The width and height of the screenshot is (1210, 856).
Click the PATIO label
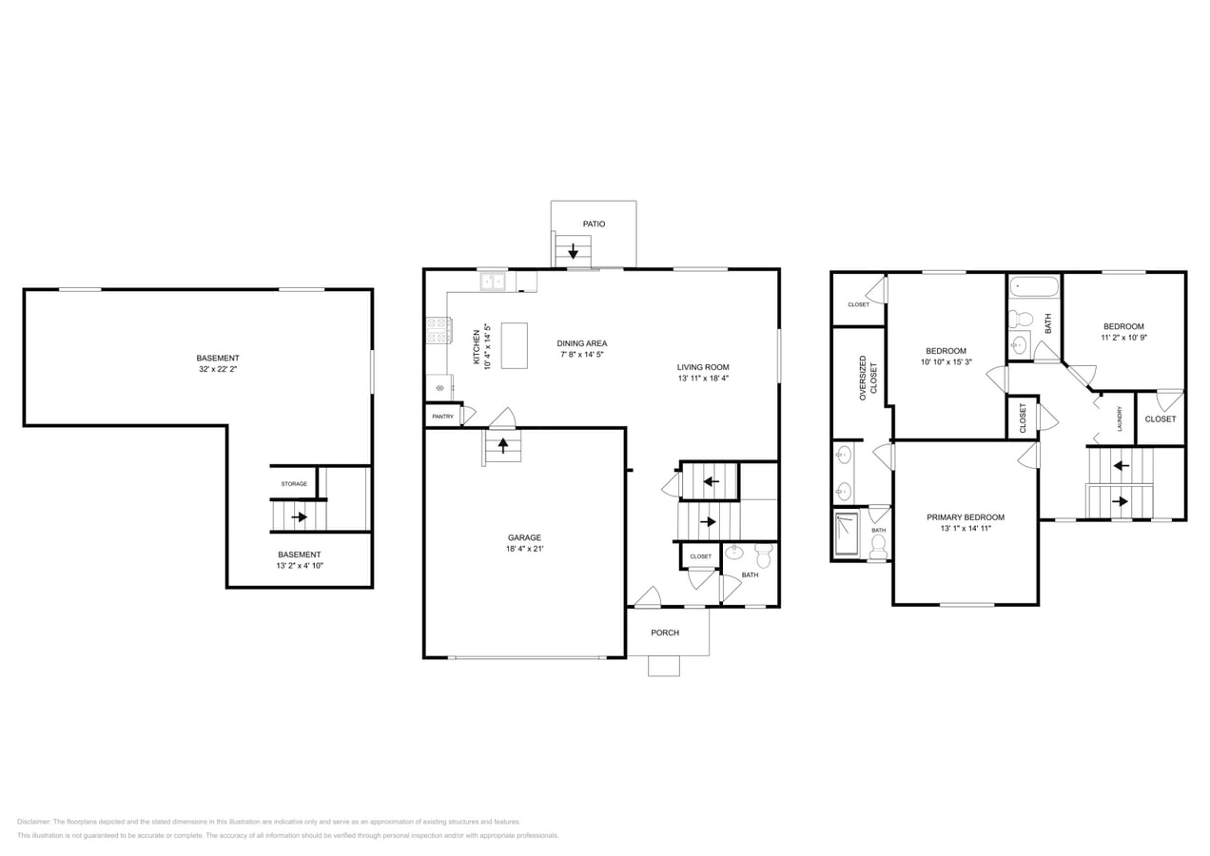click(x=594, y=224)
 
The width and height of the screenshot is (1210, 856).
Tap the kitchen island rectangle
click(x=514, y=345)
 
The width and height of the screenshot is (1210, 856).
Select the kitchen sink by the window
click(x=493, y=282)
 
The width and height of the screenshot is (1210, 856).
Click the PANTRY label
click(x=442, y=417)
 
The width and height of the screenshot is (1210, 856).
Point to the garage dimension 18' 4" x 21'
click(x=524, y=549)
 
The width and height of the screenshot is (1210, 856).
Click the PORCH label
click(x=665, y=632)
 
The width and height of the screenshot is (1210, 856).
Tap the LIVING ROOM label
click(x=703, y=367)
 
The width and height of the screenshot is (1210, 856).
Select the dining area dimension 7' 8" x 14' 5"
click(x=581, y=355)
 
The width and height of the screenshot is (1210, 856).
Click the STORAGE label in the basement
click(x=294, y=484)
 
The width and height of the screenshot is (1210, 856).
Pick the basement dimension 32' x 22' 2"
click(x=218, y=369)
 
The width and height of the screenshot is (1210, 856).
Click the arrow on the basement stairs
click(x=299, y=517)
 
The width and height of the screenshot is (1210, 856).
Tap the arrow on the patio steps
click(x=574, y=252)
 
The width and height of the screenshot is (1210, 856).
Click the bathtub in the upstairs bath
click(x=1033, y=286)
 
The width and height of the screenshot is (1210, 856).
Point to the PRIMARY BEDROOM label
click(x=966, y=517)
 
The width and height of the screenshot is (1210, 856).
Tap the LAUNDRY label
click(x=1120, y=419)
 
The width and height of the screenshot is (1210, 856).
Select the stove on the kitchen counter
click(x=439, y=330)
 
